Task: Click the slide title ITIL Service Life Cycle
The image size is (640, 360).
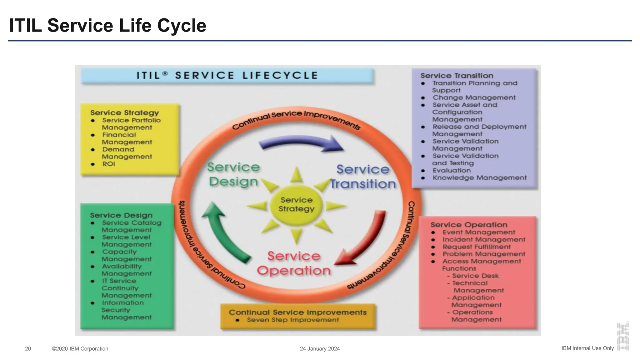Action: [107, 25]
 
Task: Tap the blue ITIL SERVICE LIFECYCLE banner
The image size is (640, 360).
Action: [227, 76]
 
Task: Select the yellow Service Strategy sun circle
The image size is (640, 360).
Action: [296, 204]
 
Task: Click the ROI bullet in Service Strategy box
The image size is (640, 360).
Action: [108, 164]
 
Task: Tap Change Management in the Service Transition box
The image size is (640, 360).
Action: [474, 97]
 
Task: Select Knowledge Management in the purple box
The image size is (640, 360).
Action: [479, 178]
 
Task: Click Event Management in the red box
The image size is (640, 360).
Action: [478, 232]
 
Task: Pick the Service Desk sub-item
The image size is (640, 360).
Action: [475, 276]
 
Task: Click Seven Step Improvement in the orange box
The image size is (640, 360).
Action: [292, 320]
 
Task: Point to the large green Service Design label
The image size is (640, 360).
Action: [233, 174]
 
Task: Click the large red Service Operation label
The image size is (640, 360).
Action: [293, 263]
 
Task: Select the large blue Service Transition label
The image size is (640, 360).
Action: [363, 177]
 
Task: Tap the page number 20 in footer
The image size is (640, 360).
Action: [28, 349]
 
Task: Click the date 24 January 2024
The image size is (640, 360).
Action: [320, 349]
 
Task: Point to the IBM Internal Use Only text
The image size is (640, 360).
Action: [587, 348]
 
